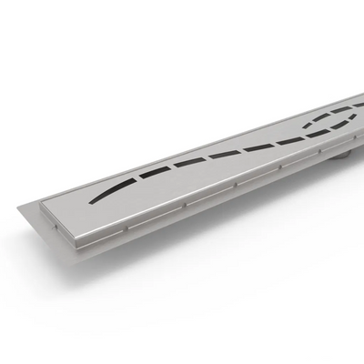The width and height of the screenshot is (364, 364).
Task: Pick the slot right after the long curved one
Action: click(188, 162)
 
